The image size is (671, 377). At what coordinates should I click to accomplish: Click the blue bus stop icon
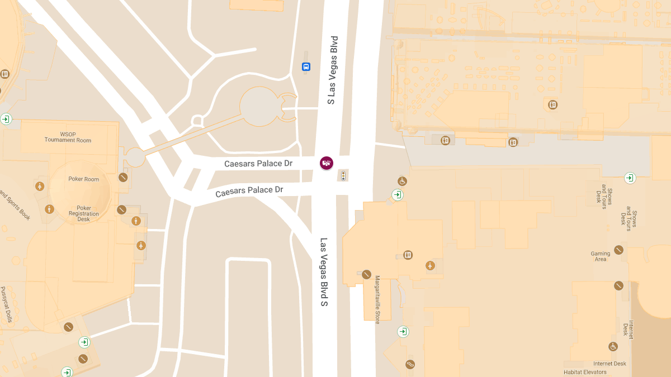coord(306,67)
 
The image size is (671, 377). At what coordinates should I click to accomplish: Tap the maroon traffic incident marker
coord(327,163)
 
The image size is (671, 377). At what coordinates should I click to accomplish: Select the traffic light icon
coord(343,176)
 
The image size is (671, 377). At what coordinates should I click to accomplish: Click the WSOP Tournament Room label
coord(68,137)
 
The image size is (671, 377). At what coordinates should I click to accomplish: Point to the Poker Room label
coord(84,179)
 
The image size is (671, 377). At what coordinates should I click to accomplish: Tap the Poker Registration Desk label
coord(84,213)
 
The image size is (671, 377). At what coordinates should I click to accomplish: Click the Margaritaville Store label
coord(377,299)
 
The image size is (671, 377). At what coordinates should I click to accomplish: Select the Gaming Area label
coord(601,256)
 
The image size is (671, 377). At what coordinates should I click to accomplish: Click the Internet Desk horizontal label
coord(609,364)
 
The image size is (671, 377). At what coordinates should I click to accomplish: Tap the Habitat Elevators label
coord(585,373)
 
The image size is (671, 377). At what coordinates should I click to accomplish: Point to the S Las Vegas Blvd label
coord(333,70)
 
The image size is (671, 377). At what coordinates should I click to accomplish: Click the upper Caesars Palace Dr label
coord(258,164)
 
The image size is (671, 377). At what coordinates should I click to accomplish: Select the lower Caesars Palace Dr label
coord(249,191)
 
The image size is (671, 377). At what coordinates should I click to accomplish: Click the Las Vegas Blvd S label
coord(323,272)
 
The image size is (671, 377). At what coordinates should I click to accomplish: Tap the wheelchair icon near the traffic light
coord(402,181)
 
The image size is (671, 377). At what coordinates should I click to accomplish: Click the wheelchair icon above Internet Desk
coord(613,346)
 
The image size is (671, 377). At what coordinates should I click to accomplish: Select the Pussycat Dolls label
coord(6,305)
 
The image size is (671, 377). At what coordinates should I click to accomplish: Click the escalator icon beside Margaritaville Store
coord(366,274)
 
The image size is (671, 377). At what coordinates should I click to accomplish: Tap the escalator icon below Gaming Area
coord(618,285)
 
